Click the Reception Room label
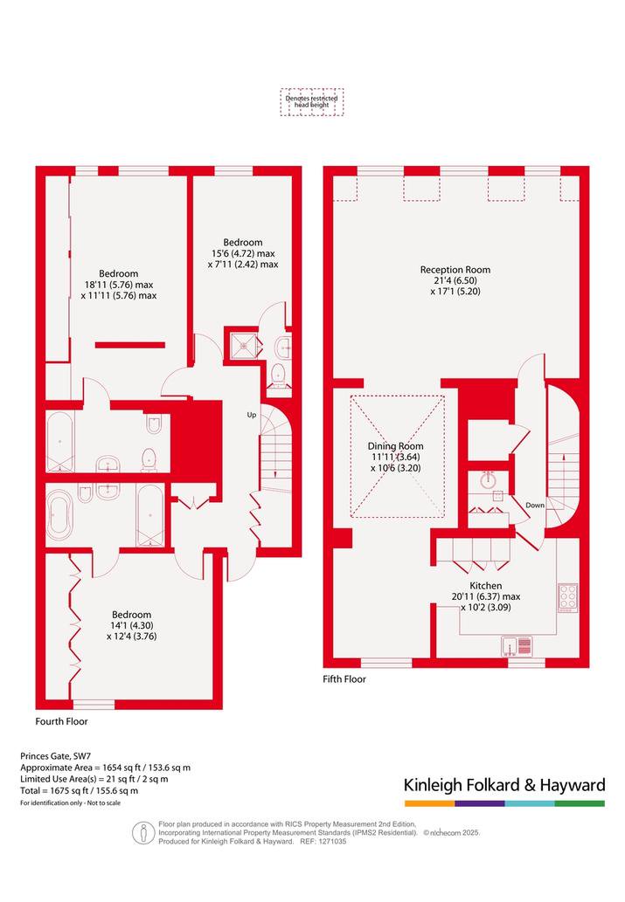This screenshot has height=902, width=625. pyautogui.click(x=455, y=270)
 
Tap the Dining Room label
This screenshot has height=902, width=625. pyautogui.click(x=395, y=446)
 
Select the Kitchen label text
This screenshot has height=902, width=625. pyautogui.click(x=486, y=586)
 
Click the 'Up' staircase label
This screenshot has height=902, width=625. pyautogui.click(x=252, y=415)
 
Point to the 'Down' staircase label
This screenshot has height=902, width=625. pyautogui.click(x=535, y=505)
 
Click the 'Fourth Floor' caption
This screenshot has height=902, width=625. pyautogui.click(x=62, y=721)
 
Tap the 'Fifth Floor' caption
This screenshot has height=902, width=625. pyautogui.click(x=344, y=679)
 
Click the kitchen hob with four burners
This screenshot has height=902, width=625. pyautogui.click(x=568, y=598)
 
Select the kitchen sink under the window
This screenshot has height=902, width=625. pyautogui.click(x=517, y=646)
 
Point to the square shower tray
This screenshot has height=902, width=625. pyautogui.click(x=244, y=345)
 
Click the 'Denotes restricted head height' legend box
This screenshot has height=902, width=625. pyautogui.click(x=312, y=102)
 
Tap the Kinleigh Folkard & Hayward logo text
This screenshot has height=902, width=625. pyautogui.click(x=504, y=785)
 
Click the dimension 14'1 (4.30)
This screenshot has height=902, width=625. pyautogui.click(x=132, y=626)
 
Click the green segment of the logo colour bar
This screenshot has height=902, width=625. pyautogui.click(x=580, y=803)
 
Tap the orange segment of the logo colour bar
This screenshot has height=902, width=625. pyautogui.click(x=429, y=803)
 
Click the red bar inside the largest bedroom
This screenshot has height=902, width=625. pyautogui.click(x=130, y=345)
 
